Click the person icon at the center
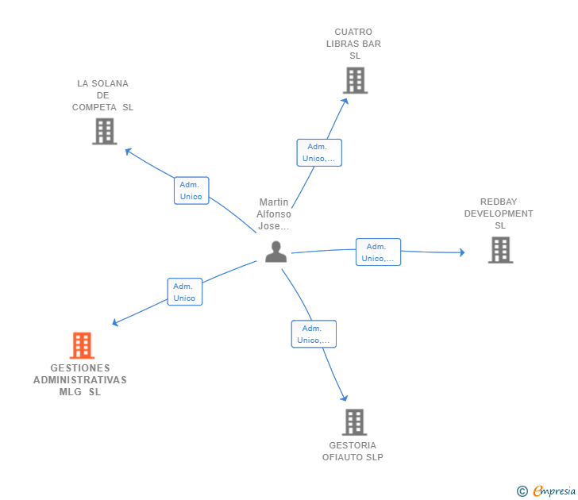(x=276, y=252)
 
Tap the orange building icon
(x=82, y=345)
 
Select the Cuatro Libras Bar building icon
(x=355, y=80)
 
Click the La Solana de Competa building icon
(x=104, y=131)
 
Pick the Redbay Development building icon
(x=499, y=250)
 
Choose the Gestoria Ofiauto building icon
(x=354, y=422)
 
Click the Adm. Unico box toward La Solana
(x=191, y=190)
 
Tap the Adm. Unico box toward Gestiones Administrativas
(x=184, y=292)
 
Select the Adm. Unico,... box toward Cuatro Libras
(x=319, y=152)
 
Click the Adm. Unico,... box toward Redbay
(x=378, y=252)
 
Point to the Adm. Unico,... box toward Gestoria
(x=314, y=334)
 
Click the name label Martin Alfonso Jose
(x=275, y=214)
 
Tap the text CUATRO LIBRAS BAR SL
(x=353, y=44)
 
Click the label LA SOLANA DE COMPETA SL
(x=102, y=95)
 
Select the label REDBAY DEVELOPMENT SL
(x=499, y=213)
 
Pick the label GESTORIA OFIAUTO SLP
(x=353, y=451)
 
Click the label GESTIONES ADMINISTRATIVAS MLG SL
(x=80, y=380)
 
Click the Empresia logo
(x=553, y=490)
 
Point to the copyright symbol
(x=522, y=491)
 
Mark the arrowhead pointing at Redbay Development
(x=461, y=252)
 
